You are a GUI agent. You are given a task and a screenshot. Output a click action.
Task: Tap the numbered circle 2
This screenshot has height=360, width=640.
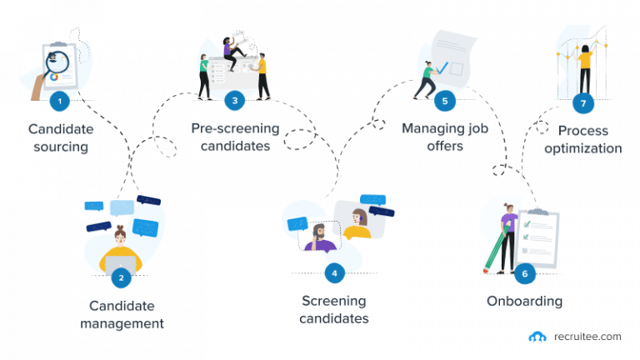122,278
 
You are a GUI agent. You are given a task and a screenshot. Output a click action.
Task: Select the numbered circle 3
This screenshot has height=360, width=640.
235,101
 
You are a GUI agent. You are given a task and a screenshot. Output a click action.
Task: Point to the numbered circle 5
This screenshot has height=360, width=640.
445,101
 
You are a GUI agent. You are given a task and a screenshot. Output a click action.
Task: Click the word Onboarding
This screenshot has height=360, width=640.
524,301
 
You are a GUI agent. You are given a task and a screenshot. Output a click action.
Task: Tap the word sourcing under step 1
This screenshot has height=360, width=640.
58,148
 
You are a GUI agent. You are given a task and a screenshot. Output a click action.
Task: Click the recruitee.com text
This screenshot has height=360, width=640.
585,337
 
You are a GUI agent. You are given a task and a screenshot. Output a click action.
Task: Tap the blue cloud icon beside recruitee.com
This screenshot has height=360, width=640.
537,337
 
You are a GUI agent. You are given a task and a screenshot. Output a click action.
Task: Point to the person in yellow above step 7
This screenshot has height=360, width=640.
585,67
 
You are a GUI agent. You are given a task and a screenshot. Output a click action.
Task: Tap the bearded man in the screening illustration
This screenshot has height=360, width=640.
318,237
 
